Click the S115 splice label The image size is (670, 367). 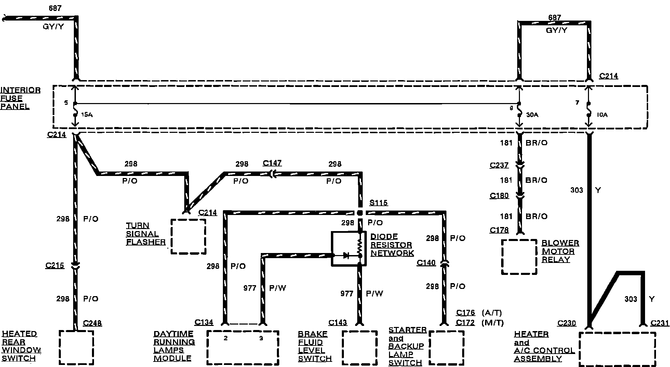click(378, 203)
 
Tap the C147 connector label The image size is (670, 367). click(272, 163)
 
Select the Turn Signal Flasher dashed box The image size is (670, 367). click(188, 236)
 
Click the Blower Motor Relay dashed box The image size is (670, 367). click(519, 257)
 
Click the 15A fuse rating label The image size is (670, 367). click(87, 115)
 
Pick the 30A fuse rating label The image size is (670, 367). click(532, 115)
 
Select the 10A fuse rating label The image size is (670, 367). click(602, 115)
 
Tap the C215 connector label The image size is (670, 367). click(55, 265)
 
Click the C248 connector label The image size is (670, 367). click(92, 323)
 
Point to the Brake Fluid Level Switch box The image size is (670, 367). click(360, 347)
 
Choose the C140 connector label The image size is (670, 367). click(426, 263)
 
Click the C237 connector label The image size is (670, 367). click(499, 165)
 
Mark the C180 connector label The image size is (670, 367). click(499, 195)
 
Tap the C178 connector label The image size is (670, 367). click(499, 230)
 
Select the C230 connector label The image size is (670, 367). click(566, 323)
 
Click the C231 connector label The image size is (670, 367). click(660, 323)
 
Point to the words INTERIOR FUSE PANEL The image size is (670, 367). click(20, 98)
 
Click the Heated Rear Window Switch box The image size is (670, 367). click(76, 347)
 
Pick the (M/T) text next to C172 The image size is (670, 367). click(492, 323)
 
